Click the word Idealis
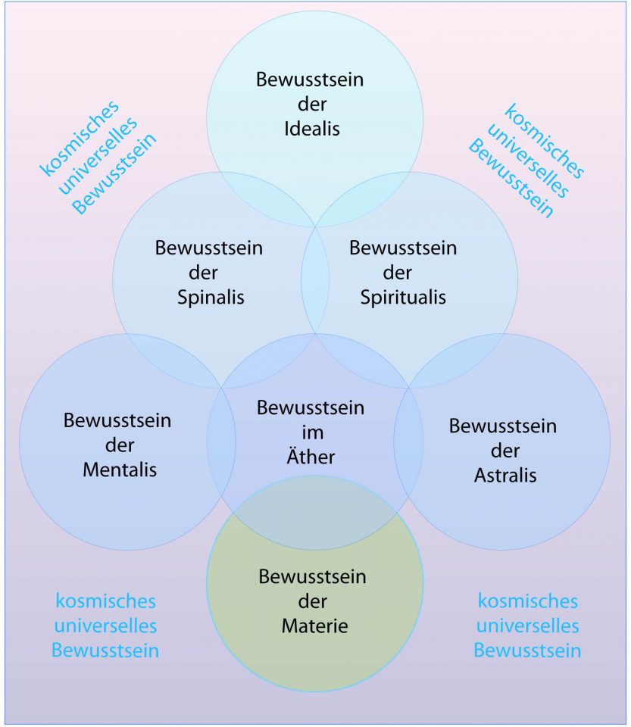(x=313, y=128)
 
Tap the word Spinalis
(x=211, y=296)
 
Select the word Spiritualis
(x=404, y=296)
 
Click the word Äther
(x=311, y=457)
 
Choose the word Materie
(x=313, y=626)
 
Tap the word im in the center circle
(x=311, y=433)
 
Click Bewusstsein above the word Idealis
(x=310, y=80)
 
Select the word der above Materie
(x=313, y=601)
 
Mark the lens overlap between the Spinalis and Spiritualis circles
(x=315, y=280)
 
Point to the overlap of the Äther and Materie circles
(x=315, y=511)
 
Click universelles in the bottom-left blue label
(x=106, y=626)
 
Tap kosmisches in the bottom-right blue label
(x=528, y=601)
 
